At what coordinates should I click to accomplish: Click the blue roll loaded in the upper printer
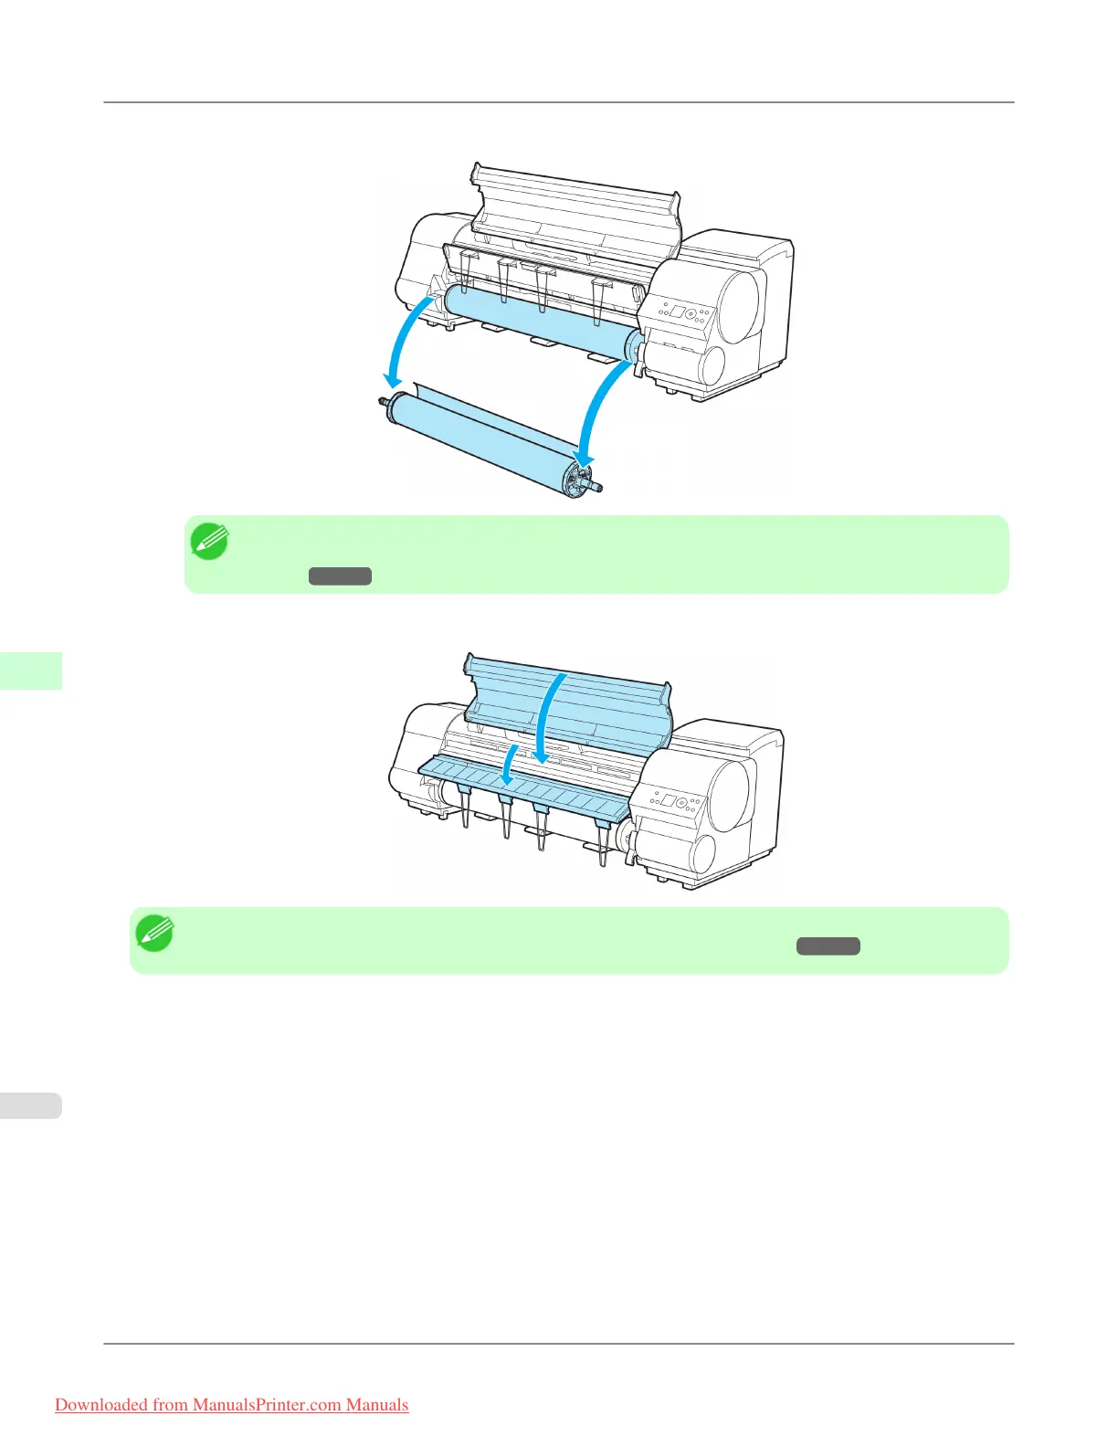539,320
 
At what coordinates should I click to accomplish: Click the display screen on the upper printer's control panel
677,312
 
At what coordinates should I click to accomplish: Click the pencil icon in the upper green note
209,542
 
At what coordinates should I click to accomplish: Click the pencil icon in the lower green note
154,934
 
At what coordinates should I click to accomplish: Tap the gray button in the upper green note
340,576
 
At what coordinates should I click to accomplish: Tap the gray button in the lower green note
828,946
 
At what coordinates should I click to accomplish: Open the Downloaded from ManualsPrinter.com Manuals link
231,1405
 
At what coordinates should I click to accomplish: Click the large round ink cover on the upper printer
740,306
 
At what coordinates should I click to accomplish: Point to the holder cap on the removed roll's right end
575,477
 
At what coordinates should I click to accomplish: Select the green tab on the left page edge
30,671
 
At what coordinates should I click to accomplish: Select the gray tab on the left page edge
30,1105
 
